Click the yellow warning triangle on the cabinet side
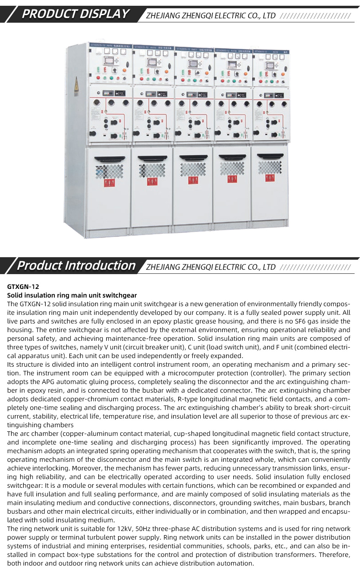coord(76,85)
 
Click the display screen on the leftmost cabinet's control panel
coord(108,60)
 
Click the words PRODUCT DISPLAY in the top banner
coord(75,14)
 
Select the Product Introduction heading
coord(76,265)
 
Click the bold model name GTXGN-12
coord(23,287)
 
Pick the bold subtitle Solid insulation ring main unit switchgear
coord(72,295)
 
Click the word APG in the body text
coord(48,382)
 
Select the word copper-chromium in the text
coord(88,399)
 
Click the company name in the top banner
coord(211,15)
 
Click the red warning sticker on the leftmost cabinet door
coord(109,183)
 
